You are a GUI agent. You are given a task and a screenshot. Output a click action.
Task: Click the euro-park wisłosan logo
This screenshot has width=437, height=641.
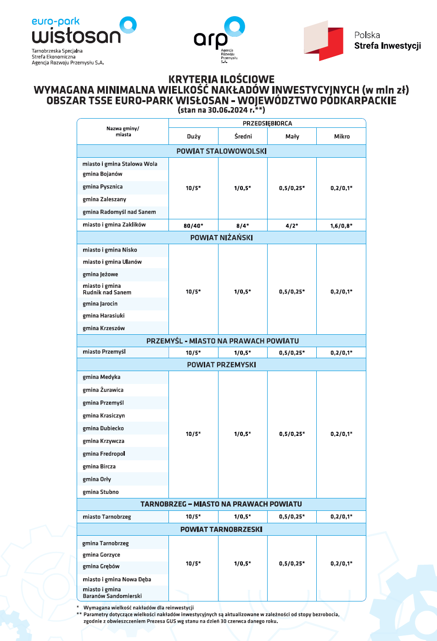click(83, 32)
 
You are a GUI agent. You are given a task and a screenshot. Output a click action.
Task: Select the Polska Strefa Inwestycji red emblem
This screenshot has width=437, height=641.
click(324, 40)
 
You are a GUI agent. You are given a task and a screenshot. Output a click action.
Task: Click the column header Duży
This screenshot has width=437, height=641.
click(194, 137)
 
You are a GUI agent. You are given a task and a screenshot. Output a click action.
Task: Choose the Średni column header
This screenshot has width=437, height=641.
click(243, 137)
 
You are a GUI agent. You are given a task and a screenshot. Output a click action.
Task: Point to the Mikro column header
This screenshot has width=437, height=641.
click(342, 137)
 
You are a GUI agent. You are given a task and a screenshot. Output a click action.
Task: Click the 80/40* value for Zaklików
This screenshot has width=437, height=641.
click(193, 226)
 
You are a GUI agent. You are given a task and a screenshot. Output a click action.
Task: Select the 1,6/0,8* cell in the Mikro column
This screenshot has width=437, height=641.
click(342, 226)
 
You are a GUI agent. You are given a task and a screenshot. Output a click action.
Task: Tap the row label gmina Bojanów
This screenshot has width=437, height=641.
click(102, 174)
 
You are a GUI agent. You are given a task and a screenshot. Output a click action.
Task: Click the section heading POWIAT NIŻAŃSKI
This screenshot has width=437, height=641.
click(221, 238)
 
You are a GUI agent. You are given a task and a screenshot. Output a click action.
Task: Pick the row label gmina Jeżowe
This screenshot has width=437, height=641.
click(100, 275)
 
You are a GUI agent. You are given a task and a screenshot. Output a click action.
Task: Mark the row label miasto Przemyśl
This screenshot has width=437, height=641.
click(104, 352)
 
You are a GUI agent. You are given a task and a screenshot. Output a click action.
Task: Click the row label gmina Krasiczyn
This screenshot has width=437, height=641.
click(104, 416)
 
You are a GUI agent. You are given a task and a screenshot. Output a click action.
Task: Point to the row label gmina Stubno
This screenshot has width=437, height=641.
click(101, 492)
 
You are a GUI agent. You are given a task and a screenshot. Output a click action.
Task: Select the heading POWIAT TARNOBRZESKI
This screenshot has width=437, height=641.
click(221, 530)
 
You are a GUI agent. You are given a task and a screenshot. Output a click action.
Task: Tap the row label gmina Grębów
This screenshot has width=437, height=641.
click(101, 567)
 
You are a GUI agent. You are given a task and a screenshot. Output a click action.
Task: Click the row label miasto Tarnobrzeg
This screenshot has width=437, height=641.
click(106, 517)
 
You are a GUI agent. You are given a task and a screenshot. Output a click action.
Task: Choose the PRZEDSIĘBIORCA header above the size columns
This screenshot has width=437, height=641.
click(267, 124)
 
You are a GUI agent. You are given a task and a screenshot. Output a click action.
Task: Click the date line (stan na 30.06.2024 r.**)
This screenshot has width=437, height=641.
click(221, 110)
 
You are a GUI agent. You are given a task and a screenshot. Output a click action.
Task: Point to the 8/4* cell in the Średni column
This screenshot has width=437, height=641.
click(242, 226)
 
